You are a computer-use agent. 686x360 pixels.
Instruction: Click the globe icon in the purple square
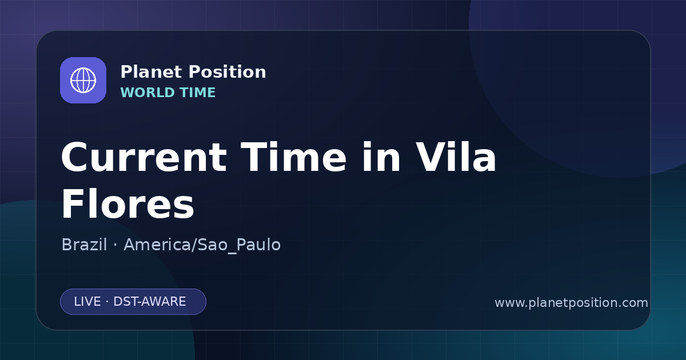(x=83, y=80)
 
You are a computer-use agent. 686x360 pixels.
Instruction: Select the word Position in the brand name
(x=228, y=72)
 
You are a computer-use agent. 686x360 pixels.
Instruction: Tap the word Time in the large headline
(x=293, y=157)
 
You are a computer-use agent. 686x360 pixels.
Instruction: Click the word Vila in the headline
(x=456, y=157)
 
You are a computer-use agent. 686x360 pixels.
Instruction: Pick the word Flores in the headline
(x=127, y=204)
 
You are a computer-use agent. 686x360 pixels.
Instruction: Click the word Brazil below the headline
(x=84, y=245)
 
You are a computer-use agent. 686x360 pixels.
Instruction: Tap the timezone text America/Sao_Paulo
(x=202, y=245)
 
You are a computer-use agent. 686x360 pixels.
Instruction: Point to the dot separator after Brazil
(x=115, y=245)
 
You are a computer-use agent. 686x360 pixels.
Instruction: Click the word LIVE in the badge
(x=87, y=302)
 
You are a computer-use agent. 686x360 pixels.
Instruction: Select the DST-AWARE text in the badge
(x=149, y=302)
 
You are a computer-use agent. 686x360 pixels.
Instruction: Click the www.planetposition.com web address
(x=571, y=303)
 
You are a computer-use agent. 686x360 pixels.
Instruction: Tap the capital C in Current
(x=75, y=157)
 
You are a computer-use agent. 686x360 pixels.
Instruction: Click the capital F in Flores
(x=73, y=203)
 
